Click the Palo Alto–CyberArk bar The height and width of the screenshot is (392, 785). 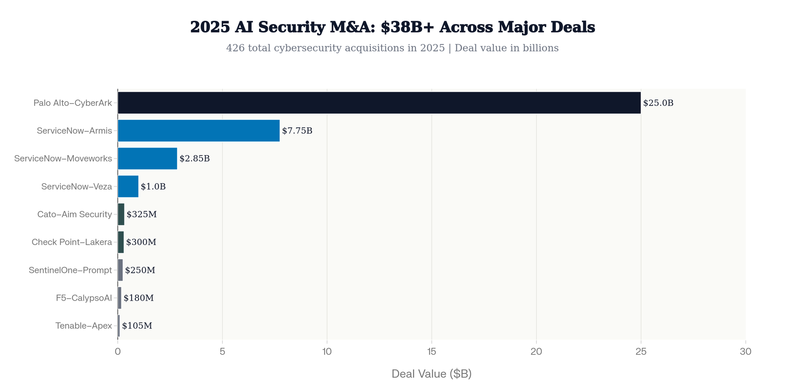pyautogui.click(x=379, y=103)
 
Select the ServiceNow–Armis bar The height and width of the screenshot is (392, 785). pyautogui.click(x=199, y=131)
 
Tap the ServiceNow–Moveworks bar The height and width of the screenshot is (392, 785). pyautogui.click(x=148, y=158)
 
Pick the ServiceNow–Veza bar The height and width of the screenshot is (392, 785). pyautogui.click(x=128, y=186)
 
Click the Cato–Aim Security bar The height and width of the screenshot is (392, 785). pyautogui.click(x=121, y=214)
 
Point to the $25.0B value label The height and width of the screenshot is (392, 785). pyautogui.click(x=658, y=103)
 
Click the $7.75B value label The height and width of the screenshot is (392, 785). pyautogui.click(x=297, y=131)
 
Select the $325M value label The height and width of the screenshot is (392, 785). pyautogui.click(x=142, y=214)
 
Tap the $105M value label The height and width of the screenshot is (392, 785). pyautogui.click(x=137, y=326)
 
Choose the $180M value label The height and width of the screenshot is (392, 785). pyautogui.click(x=139, y=298)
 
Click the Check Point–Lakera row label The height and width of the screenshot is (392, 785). pyautogui.click(x=72, y=242)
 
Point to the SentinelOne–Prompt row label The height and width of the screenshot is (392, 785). pyautogui.click(x=70, y=270)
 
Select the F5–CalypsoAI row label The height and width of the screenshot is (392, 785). pyautogui.click(x=84, y=298)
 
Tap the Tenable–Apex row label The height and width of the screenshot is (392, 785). pyautogui.click(x=84, y=326)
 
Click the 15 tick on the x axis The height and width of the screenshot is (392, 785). pyautogui.click(x=432, y=352)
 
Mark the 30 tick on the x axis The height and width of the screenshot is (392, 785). pyautogui.click(x=745, y=352)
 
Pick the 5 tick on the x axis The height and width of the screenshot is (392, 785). pyautogui.click(x=222, y=352)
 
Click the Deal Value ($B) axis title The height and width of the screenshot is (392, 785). pyautogui.click(x=431, y=374)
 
